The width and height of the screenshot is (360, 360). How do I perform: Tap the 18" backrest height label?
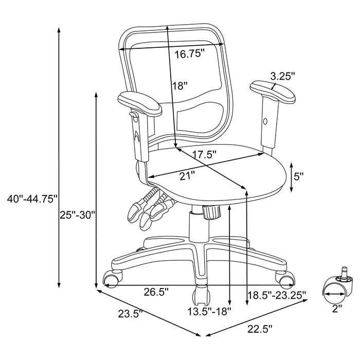(180, 86)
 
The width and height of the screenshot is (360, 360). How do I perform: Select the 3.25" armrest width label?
(282, 76)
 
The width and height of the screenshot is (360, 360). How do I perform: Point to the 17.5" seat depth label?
(201, 154)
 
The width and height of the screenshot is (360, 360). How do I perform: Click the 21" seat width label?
(187, 176)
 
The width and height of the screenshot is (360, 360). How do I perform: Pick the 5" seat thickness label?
(298, 176)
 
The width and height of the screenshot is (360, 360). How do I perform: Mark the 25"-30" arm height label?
(78, 214)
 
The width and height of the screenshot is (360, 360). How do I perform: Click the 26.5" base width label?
(142, 292)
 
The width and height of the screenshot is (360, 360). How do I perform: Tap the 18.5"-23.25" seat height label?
(277, 295)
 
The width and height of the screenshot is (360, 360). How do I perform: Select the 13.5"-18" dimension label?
(209, 311)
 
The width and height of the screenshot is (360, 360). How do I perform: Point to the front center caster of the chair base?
(200, 296)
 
